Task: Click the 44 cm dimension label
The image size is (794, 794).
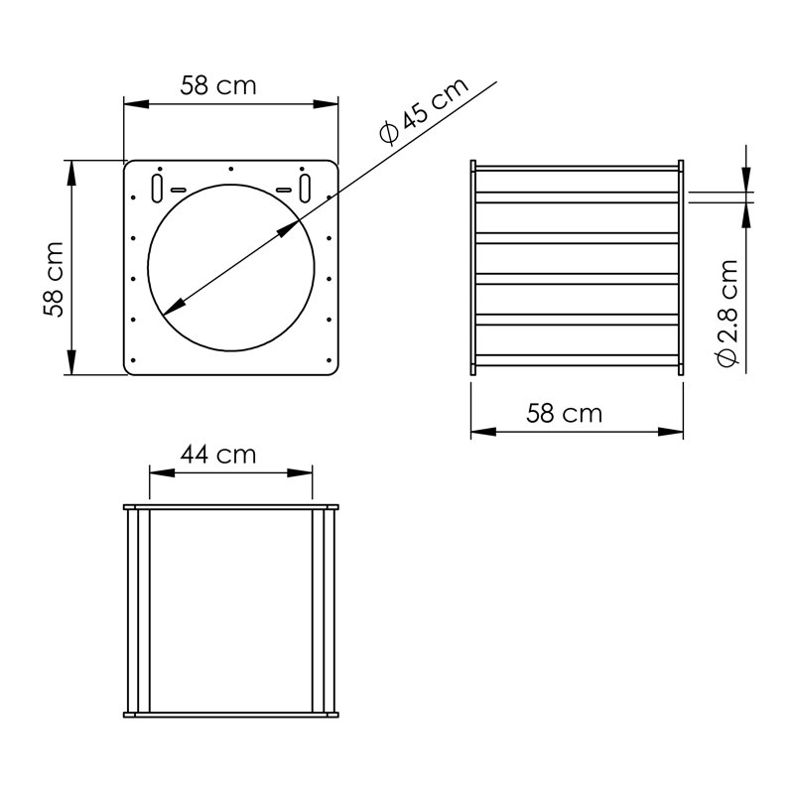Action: click(218, 455)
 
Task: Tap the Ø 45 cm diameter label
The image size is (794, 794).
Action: click(425, 110)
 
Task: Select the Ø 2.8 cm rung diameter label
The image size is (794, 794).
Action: click(728, 313)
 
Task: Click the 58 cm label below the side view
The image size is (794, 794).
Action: click(564, 413)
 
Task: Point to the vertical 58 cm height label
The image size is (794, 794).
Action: click(54, 280)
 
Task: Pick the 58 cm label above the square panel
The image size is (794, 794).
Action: click(218, 85)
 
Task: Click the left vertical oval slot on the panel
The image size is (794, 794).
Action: click(157, 189)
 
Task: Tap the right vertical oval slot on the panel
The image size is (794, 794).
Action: click(305, 188)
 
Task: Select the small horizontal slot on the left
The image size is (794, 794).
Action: click(179, 190)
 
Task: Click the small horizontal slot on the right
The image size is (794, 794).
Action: click(284, 190)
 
